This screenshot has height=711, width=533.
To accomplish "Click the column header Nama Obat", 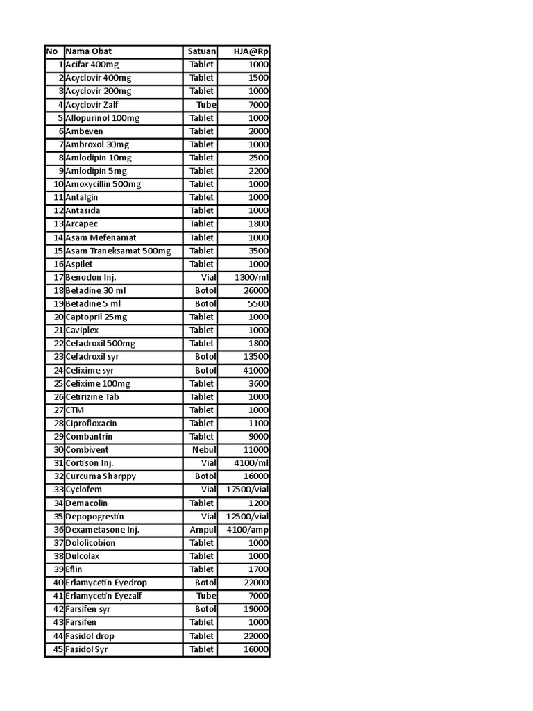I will pos(88,51).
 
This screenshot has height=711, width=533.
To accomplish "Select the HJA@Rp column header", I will pos(251,51).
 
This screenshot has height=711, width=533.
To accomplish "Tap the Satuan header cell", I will pos(201,51).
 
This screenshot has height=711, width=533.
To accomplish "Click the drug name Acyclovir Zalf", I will pos(92,105).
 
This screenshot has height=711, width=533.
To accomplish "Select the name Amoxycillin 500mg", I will pos(103,184).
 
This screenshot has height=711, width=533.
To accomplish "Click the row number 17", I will pos(58,277).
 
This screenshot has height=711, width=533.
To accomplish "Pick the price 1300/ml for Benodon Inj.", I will pos(252,277).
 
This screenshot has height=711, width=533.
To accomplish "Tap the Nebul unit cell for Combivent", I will pos(204,450).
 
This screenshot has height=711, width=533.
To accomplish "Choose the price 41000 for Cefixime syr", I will pos(254,370).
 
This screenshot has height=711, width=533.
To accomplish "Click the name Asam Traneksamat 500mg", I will pos(118,251).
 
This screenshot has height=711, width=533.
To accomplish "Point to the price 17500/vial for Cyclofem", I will pos(248,490).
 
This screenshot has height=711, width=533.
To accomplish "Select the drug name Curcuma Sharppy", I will pos(101,476).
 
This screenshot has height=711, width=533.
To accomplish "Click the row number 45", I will pos(58,649).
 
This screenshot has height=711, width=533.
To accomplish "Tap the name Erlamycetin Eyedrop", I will pos(106,583).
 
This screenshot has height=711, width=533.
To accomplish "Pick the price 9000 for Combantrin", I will pos(256,437).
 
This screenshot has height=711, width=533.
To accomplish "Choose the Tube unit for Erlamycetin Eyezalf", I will pos(206,596).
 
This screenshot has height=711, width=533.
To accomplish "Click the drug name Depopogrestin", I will pos(94,517).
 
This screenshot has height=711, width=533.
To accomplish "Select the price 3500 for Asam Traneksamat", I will pos(256,251).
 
